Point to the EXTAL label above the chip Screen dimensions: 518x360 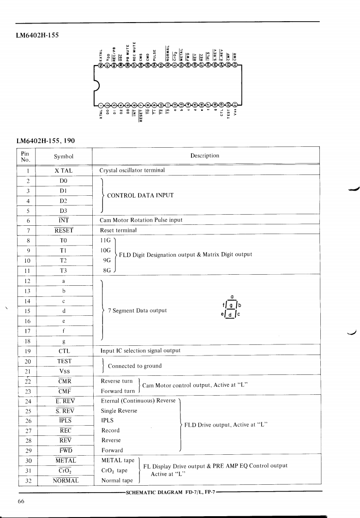(x=101, y=54)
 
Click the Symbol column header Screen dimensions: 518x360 (x=64, y=156)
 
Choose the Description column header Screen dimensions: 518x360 (x=204, y=156)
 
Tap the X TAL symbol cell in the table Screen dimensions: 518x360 (x=64, y=170)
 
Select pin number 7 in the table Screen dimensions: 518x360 (x=28, y=230)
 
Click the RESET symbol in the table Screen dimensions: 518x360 (x=64, y=230)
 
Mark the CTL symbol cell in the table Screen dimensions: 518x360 (x=64, y=350)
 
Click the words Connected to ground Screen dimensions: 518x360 (x=135, y=366)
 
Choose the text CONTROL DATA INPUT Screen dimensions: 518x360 (x=140, y=195)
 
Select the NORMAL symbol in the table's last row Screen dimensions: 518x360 (x=65, y=480)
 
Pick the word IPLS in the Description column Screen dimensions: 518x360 (x=107, y=421)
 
